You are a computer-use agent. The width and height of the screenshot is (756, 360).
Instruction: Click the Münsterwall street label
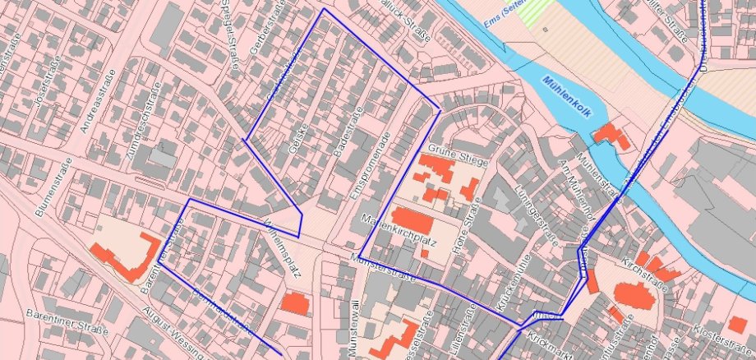(354, 329)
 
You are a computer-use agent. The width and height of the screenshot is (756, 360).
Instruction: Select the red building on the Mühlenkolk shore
(612, 135)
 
